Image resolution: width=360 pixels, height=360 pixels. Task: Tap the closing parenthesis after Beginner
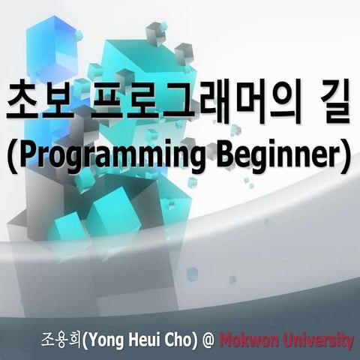point(346,157)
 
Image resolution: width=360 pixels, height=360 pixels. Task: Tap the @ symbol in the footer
point(208,340)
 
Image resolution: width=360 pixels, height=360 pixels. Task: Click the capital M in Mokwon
point(226,340)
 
